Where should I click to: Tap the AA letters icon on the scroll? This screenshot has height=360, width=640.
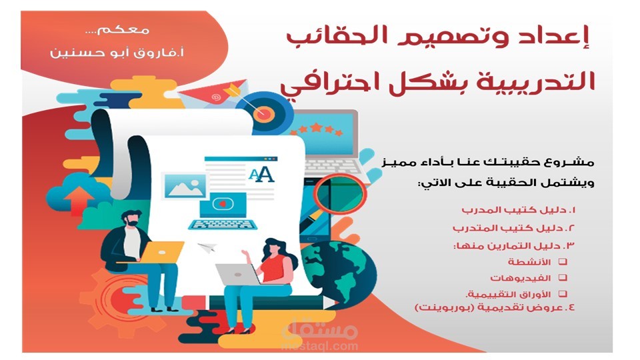click(x=261, y=175)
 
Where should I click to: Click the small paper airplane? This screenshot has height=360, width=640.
click(x=208, y=248)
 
